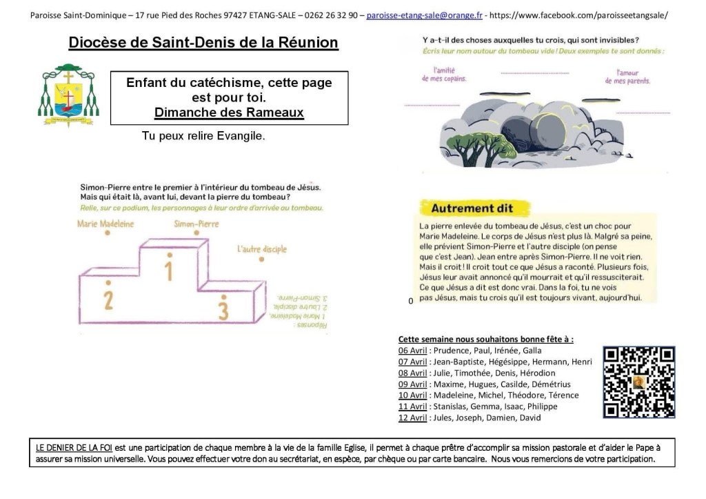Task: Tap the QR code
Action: click(638, 382)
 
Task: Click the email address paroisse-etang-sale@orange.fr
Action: click(425, 14)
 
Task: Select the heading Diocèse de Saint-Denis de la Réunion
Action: click(203, 43)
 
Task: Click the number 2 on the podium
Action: click(108, 300)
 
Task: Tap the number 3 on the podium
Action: click(222, 309)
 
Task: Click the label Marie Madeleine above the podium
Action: click(105, 224)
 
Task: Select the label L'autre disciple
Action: click(261, 249)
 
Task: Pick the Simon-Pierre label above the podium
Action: click(197, 224)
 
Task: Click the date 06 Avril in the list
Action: click(413, 350)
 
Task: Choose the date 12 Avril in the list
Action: click(413, 418)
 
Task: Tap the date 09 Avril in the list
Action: click(413, 384)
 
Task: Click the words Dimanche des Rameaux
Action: click(229, 112)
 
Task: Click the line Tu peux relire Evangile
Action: click(203, 136)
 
